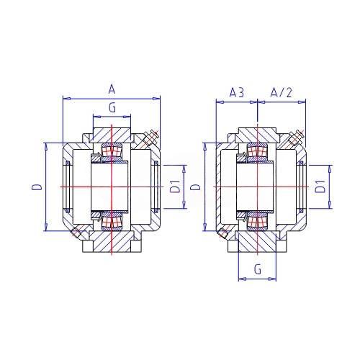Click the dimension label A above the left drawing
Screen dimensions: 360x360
pos(112,90)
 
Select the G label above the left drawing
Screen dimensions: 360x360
pos(112,108)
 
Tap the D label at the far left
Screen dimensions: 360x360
pos(37,187)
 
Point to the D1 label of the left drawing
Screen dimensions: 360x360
pos(176,186)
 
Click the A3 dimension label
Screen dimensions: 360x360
pos(237,93)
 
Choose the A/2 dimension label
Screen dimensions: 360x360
pos(281,92)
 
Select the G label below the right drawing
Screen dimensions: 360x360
pos(258,269)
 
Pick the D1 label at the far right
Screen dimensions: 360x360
pos(320,186)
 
